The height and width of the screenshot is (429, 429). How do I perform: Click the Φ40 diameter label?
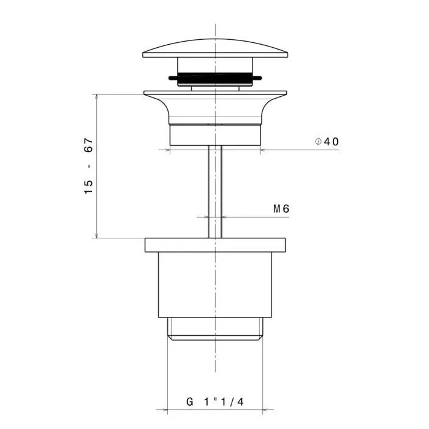(327, 142)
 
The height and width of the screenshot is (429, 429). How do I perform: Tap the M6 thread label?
(281, 209)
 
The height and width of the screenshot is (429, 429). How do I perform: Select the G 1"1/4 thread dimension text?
(215, 402)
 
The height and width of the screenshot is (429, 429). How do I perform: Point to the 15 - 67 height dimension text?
(89, 166)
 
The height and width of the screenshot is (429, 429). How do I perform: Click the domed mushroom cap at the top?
(215, 48)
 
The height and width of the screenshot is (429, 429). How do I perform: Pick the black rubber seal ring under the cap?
(215, 78)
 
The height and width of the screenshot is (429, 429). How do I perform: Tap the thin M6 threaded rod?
(215, 191)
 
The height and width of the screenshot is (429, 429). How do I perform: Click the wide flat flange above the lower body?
(215, 245)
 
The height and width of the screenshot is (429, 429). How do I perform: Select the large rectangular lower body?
(215, 285)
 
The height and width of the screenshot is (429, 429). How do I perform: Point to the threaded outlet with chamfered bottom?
(215, 329)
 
